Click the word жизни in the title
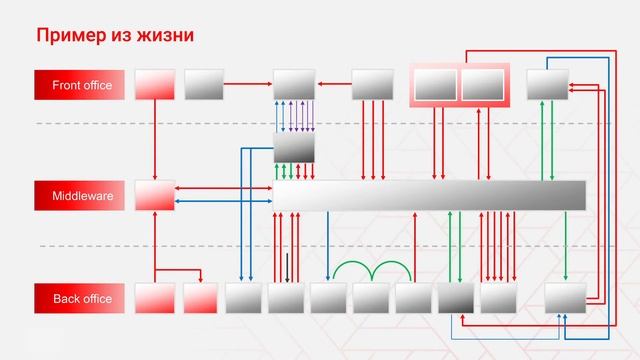click(x=166, y=36)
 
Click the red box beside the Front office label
click(x=154, y=85)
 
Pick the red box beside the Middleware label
click(x=154, y=195)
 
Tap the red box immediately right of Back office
click(x=154, y=299)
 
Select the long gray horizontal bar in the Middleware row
click(x=430, y=195)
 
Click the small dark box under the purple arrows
click(x=294, y=148)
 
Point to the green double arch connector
click(x=372, y=271)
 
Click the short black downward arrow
click(x=288, y=267)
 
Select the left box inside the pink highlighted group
click(x=435, y=85)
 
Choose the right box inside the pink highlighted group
click(x=482, y=85)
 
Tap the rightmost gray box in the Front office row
click(x=547, y=85)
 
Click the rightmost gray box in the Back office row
click(x=565, y=298)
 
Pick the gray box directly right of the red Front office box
click(x=204, y=85)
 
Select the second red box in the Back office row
click(x=200, y=299)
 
